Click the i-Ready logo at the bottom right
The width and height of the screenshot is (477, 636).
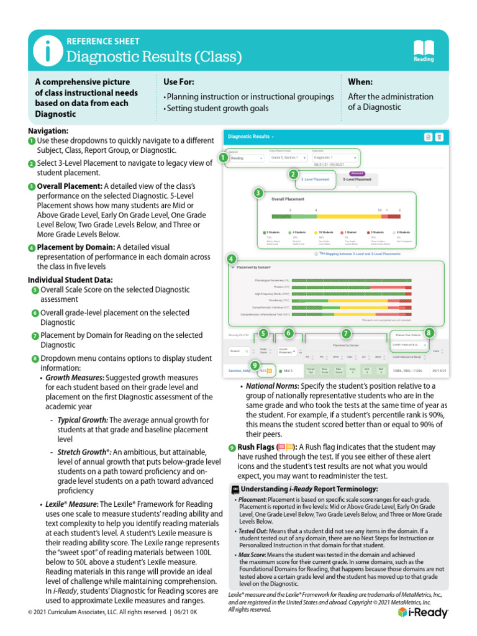(x=422, y=612)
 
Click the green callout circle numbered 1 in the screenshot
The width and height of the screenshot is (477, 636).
(x=222, y=158)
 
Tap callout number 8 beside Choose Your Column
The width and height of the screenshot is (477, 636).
(x=429, y=334)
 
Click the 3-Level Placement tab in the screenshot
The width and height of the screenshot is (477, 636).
(x=316, y=179)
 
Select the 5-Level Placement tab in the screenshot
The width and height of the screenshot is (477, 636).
(x=357, y=179)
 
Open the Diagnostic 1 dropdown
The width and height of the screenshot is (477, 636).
(x=333, y=158)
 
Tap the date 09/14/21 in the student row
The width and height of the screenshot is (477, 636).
(x=439, y=371)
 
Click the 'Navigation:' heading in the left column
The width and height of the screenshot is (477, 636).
(x=48, y=131)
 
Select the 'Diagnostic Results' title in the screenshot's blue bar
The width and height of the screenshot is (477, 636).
(x=249, y=136)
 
